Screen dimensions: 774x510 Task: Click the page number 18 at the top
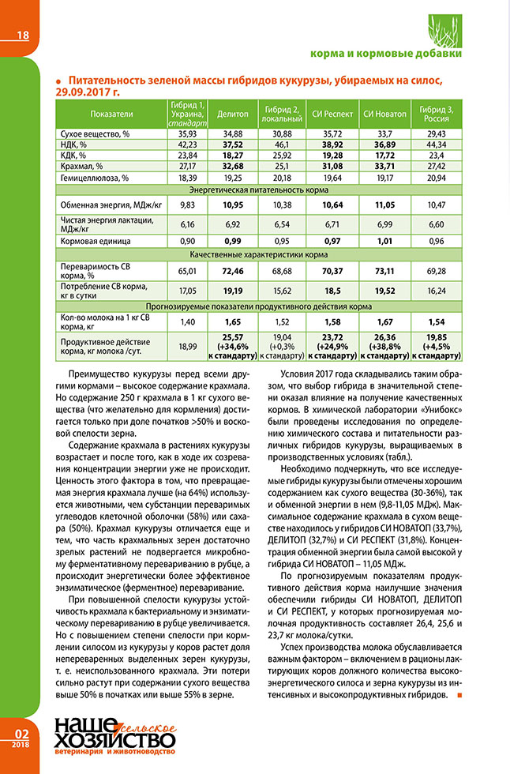click(x=22, y=35)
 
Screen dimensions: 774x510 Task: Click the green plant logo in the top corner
click(x=445, y=31)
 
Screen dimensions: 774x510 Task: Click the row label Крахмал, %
click(x=82, y=167)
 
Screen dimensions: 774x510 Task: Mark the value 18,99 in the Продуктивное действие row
click(x=188, y=345)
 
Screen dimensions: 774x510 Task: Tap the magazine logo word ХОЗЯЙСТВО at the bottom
click(x=113, y=739)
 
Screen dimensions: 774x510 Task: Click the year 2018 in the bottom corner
click(x=21, y=745)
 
